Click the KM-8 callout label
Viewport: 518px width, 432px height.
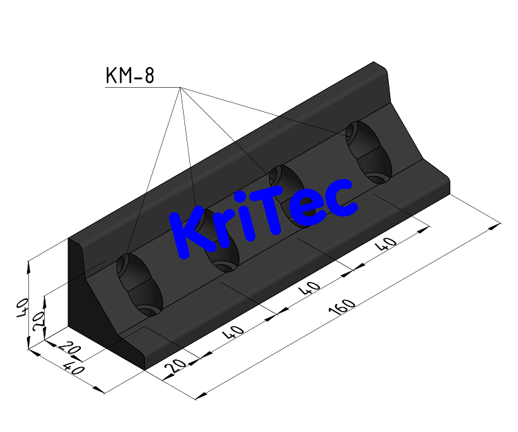point(129,75)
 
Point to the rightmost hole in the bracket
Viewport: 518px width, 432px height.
point(369,152)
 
